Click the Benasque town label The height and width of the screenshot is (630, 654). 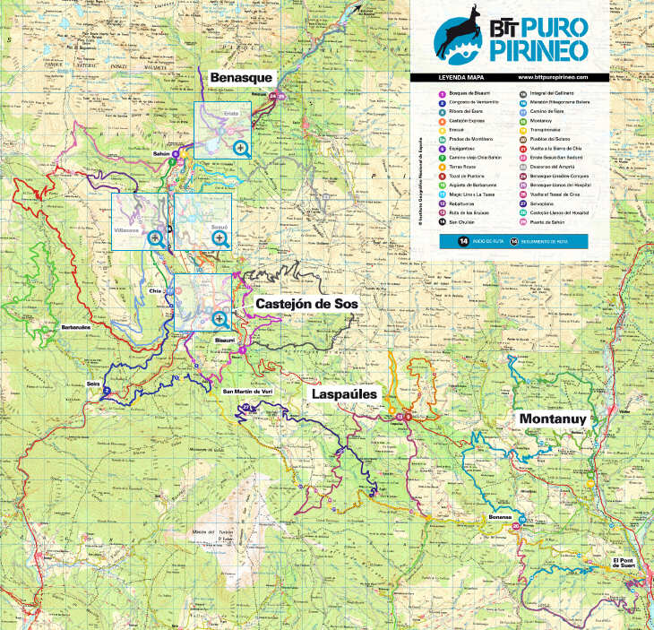click(240, 78)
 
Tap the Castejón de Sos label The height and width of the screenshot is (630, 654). click(306, 305)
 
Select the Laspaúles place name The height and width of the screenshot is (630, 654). click(347, 394)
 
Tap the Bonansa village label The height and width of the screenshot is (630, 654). click(500, 517)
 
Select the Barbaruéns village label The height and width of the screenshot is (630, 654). click(76, 327)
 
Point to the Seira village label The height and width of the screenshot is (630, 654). click(93, 383)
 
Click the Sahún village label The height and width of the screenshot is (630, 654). click(161, 154)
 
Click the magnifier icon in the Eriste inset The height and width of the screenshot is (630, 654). click(241, 150)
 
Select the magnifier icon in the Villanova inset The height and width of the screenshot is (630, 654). click(156, 238)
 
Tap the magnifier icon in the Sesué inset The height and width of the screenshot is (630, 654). click(218, 238)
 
